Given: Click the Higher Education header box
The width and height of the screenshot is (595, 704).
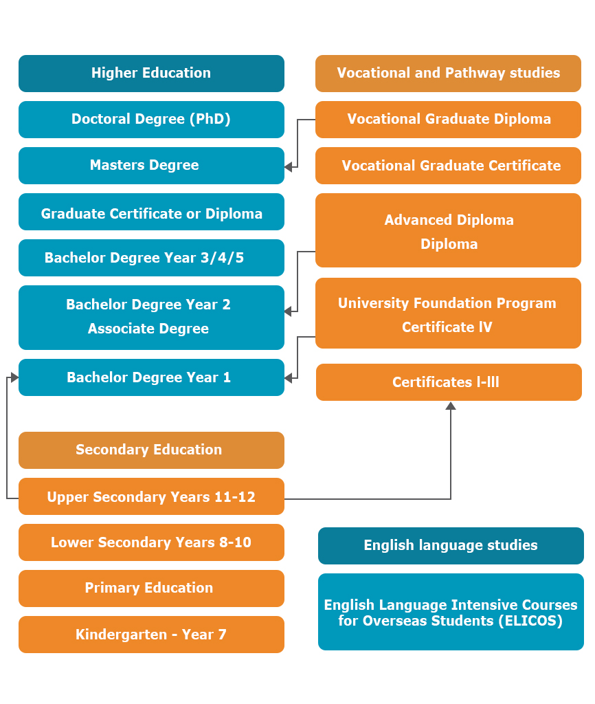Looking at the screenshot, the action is (151, 74).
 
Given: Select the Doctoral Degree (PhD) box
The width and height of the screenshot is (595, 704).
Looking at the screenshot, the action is (151, 120).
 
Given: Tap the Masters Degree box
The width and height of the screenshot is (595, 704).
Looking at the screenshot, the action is (151, 166).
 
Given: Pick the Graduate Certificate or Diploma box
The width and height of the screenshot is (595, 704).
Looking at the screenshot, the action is (151, 212).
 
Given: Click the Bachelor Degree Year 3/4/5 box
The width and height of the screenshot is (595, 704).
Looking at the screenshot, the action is (151, 258).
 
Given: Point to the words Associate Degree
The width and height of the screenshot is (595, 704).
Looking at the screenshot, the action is (148, 329).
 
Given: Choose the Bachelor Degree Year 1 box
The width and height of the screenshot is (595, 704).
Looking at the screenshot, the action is (151, 377).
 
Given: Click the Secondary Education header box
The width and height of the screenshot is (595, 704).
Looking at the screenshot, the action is (151, 450).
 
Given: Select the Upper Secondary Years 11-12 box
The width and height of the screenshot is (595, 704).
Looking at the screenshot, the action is (151, 496).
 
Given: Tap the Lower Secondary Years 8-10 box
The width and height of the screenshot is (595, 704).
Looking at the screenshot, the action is (151, 542).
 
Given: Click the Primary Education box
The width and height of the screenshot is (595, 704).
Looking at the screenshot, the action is (151, 588).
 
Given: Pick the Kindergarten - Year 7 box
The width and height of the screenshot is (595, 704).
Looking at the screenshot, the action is (151, 635).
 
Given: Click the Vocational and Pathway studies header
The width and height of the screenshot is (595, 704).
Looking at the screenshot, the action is (448, 74).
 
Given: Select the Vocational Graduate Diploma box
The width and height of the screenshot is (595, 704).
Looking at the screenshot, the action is (448, 120).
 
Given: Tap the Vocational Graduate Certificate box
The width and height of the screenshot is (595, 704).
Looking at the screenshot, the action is (448, 166).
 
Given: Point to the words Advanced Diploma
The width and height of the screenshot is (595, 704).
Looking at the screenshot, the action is (449, 220).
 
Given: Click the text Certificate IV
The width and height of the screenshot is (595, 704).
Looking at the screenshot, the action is (447, 327).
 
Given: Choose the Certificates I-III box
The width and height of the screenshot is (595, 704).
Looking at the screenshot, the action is (449, 382).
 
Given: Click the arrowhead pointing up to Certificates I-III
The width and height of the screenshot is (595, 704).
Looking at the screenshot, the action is (451, 406).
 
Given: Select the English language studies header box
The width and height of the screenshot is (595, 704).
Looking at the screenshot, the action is (451, 546).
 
